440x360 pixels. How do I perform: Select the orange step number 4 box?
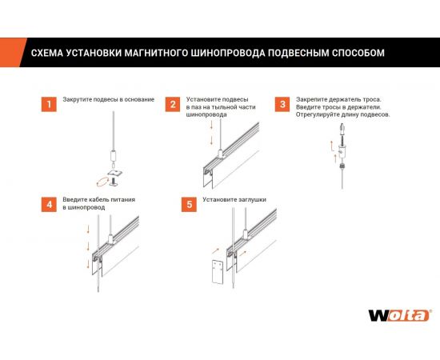pos(48,204)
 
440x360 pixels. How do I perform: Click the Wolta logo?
pos(398,314)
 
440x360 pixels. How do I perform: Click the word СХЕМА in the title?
pos(48,54)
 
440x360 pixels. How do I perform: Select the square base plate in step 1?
pos(117,170)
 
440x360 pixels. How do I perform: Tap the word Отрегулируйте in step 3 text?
pos(318,114)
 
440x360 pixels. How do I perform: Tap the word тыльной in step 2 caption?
pos(230,107)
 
